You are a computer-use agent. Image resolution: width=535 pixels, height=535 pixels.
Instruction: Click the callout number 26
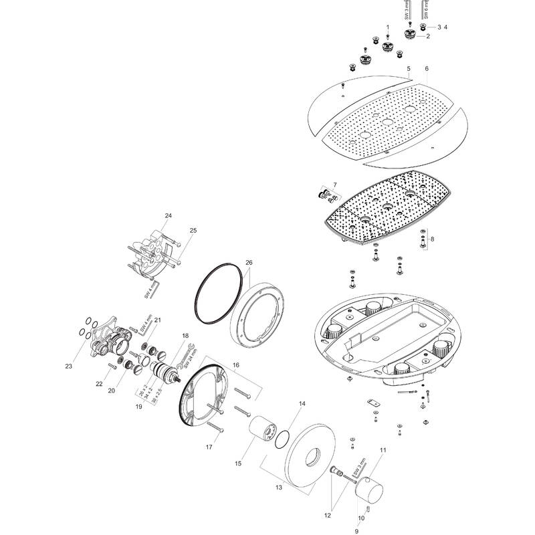(x=249, y=263)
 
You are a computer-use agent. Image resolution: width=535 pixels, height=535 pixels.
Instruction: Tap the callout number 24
(x=169, y=216)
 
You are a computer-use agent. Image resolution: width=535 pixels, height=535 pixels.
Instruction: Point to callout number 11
(x=383, y=450)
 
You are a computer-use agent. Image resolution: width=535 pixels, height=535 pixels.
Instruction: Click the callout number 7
(x=336, y=184)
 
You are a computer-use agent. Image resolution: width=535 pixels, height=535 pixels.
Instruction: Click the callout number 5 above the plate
(x=408, y=70)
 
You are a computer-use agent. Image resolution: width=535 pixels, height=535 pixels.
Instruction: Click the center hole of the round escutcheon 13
(x=312, y=459)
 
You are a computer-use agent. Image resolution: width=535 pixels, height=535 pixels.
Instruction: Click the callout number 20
(x=111, y=391)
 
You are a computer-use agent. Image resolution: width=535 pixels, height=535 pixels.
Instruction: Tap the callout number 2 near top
(x=427, y=37)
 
